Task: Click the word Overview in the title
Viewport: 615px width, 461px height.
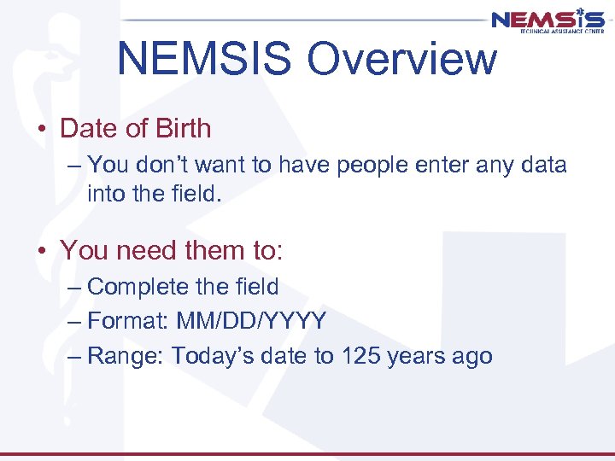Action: (401, 59)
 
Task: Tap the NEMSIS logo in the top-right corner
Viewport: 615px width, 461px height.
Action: (548, 20)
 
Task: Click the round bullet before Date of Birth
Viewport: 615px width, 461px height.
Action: (42, 130)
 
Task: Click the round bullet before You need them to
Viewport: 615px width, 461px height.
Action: (42, 251)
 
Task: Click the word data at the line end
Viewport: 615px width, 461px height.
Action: (542, 164)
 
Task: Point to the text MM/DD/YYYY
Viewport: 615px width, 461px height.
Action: (251, 321)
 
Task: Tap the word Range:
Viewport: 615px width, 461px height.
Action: (126, 356)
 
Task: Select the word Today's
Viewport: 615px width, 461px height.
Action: (209, 356)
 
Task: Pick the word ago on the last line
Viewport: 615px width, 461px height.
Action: (472, 357)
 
